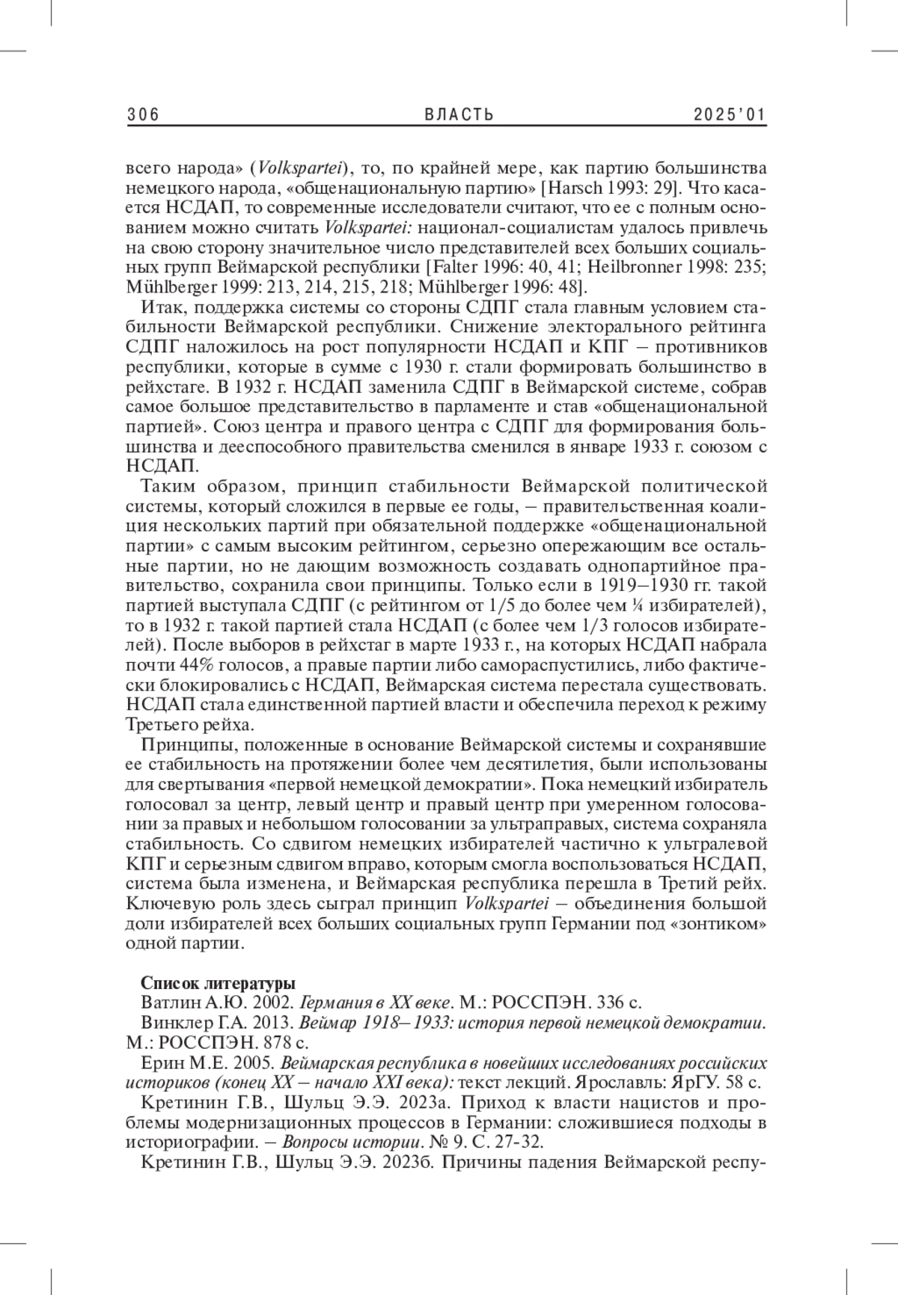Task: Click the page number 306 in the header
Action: click(x=144, y=114)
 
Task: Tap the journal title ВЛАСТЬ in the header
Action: click(x=459, y=114)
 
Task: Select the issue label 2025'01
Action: click(x=730, y=114)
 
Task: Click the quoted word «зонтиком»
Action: click(x=716, y=923)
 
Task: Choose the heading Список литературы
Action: click(x=218, y=982)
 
